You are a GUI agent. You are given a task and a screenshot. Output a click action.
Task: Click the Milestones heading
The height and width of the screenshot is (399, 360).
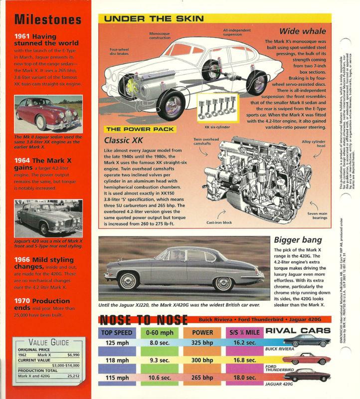(48, 19)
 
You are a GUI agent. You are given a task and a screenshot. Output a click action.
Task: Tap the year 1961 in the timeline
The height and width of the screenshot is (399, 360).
(23, 36)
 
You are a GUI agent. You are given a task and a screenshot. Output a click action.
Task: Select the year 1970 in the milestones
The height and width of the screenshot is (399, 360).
(23, 301)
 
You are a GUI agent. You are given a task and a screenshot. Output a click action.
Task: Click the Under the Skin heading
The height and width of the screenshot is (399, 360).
(155, 18)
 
